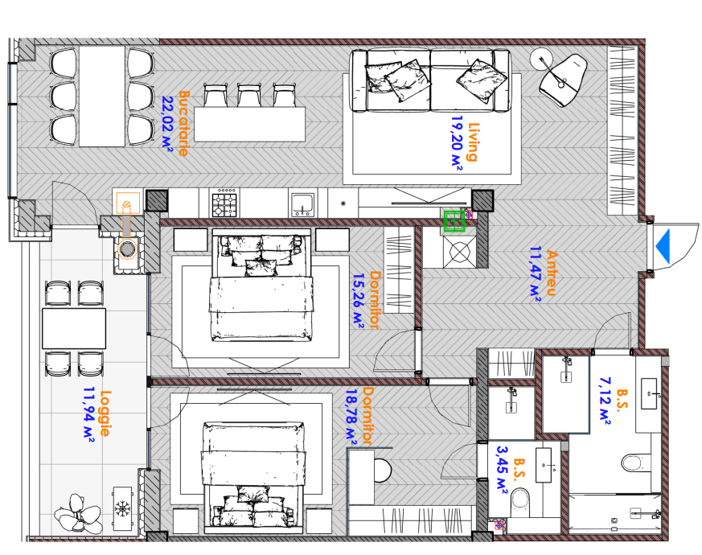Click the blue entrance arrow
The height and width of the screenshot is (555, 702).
(663, 246)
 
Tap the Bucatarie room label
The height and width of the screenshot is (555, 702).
(184, 123)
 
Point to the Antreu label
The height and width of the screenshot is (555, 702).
(552, 273)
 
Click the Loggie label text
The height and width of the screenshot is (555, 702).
(105, 413)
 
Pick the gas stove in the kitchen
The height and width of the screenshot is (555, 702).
(224, 203)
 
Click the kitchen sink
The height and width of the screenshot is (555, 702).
(302, 204)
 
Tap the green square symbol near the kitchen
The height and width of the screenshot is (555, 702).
(454, 221)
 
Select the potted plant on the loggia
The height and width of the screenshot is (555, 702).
(78, 513)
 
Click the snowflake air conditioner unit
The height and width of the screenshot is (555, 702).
(122, 509)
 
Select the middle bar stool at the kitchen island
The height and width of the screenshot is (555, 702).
(249, 95)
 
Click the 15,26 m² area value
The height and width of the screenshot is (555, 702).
(358, 301)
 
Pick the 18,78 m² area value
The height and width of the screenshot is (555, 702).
(351, 417)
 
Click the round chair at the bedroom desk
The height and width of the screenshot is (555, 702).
(382, 471)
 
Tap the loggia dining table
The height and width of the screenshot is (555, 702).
(74, 328)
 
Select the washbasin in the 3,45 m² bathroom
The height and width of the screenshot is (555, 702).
(544, 465)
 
